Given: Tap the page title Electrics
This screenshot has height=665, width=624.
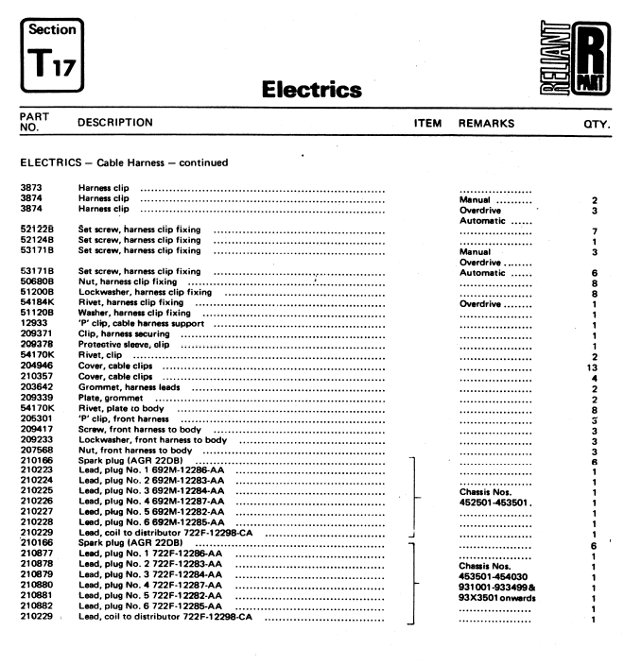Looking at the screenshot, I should pos(311,91).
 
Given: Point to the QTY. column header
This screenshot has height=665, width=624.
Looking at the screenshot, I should pos(596,124).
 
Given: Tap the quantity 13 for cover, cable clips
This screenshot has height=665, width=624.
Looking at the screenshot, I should pos(596,366).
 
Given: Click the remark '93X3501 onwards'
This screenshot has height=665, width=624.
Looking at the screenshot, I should pos(497,598).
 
